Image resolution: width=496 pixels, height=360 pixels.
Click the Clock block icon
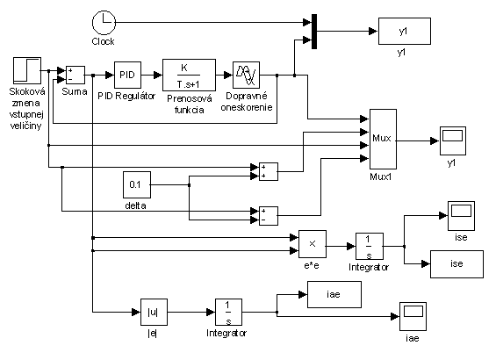(x=104, y=23)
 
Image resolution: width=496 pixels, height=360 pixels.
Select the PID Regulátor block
(x=127, y=75)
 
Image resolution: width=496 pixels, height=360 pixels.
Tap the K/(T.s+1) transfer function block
(x=189, y=75)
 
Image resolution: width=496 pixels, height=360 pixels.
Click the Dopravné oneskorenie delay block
(x=246, y=75)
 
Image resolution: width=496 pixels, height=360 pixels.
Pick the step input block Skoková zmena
(x=27, y=70)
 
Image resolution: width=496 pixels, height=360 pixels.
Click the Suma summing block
(x=75, y=75)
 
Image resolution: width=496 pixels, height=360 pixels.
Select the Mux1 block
(x=383, y=139)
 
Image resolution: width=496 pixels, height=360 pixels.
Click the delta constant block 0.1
(x=137, y=184)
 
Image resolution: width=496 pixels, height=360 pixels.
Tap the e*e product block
(x=313, y=244)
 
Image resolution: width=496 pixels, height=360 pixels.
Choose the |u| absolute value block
(x=154, y=312)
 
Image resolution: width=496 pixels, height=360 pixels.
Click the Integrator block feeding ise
(x=370, y=247)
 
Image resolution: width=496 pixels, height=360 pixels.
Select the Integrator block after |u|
(x=229, y=312)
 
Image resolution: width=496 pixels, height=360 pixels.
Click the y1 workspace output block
(x=405, y=31)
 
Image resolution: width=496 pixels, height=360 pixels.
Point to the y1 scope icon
(x=453, y=140)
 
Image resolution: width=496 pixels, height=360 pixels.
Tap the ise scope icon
(x=461, y=216)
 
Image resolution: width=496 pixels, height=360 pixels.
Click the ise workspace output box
(x=456, y=264)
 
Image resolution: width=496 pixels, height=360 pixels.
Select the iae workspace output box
(x=334, y=294)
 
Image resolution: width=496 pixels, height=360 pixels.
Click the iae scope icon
(x=413, y=316)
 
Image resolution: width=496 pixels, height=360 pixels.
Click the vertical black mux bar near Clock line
(x=314, y=32)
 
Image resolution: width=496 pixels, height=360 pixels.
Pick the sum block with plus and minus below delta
(x=269, y=216)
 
